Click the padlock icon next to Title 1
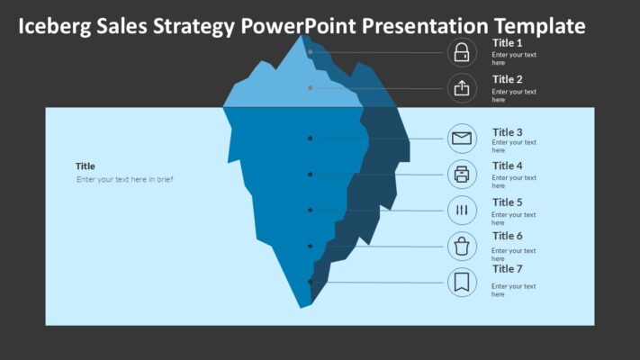point(462,52)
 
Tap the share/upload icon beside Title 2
point(462,87)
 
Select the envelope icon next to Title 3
point(462,139)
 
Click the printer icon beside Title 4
point(462,174)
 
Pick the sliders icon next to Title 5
point(462,211)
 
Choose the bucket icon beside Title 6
point(462,245)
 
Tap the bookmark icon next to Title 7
point(462,282)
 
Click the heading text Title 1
point(507,42)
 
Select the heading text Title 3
point(507,132)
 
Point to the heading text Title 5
point(507,202)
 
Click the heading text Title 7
point(507,268)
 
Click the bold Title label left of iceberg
point(86,166)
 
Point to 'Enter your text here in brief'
point(124,179)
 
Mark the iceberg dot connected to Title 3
point(311,139)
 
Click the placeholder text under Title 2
point(514,95)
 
